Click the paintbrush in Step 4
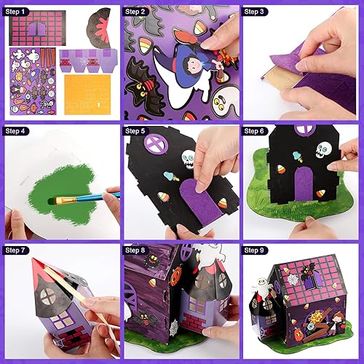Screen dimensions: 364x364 (84, 194)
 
